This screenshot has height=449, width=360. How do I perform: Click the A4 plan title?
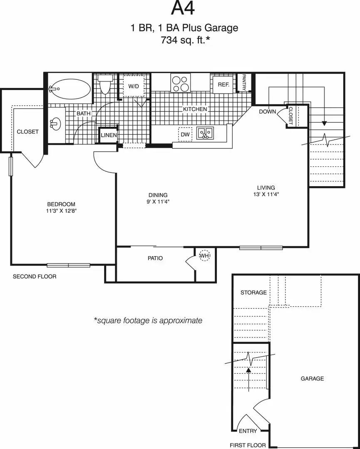183,9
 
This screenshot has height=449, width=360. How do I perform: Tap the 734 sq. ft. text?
185,40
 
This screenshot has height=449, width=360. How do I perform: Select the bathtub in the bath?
70,89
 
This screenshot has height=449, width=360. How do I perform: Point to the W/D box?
133,86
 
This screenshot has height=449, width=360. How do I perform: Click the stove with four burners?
181,83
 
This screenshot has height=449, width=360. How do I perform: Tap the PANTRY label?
244,83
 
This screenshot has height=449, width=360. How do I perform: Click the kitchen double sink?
205,133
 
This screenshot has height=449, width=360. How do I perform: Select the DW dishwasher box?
185,134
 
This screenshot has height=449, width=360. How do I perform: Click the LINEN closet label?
109,135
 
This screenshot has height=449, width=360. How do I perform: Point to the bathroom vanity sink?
56,124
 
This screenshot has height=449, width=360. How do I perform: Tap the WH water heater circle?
204,255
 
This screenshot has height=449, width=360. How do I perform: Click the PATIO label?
155,258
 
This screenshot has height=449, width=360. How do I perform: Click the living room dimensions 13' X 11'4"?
266,194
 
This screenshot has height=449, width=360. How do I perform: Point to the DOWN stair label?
268,112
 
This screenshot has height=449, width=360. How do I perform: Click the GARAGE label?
312,379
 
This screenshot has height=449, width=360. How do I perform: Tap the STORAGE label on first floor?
253,292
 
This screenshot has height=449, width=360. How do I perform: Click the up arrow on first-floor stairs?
248,379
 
